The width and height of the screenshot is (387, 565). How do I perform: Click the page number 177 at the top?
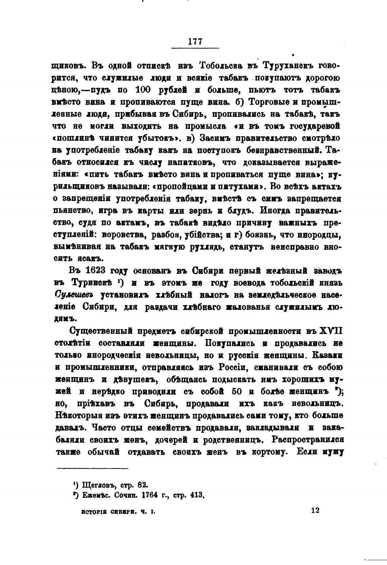(195, 41)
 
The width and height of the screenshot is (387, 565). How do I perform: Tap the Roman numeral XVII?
(329, 331)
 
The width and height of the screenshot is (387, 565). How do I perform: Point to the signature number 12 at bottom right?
(315, 510)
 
